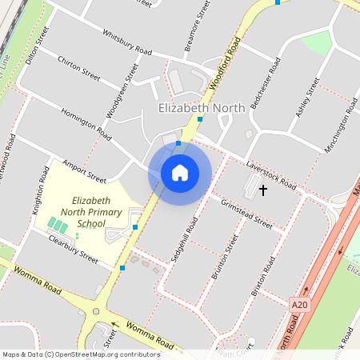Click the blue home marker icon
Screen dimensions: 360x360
tap(180, 173)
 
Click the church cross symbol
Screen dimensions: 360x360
tap(263, 190)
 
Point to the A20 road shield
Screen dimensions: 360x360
tap(300, 305)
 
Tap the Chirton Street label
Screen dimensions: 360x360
tap(78, 67)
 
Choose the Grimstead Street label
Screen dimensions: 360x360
tap(246, 214)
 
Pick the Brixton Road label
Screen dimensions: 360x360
tap(263, 277)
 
